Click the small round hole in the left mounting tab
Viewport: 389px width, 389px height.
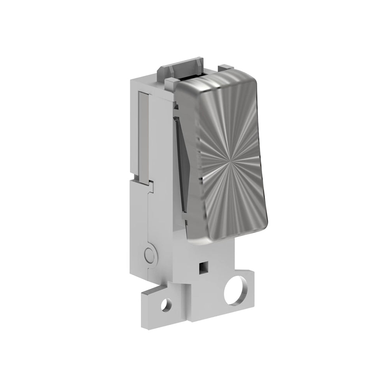coord(167,304)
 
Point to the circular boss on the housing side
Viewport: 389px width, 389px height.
coord(149,255)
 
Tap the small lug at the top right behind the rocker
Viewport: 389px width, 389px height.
coord(225,68)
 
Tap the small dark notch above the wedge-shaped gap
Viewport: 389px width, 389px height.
coord(176,105)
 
